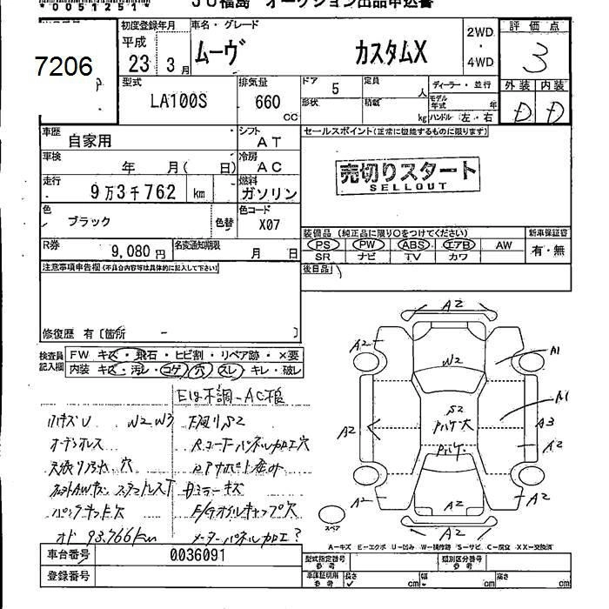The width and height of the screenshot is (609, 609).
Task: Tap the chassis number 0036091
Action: tap(198, 556)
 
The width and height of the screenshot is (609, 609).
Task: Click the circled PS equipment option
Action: tap(324, 246)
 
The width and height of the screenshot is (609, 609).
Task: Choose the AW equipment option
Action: tap(504, 246)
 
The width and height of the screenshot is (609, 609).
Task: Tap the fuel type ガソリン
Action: tap(267, 194)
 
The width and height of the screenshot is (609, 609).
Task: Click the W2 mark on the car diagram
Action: tap(451, 358)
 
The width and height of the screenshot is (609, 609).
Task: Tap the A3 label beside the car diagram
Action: tap(546, 424)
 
